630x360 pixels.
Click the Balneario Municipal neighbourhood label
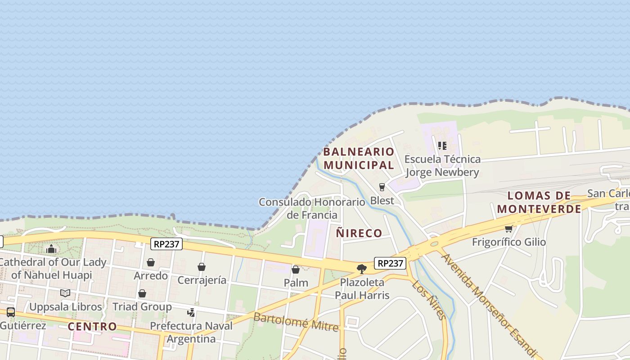pyautogui.click(x=359, y=158)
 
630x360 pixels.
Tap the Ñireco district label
pyautogui.click(x=359, y=233)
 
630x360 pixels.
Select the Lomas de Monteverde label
pyautogui.click(x=539, y=202)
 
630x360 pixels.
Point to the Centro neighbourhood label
pyautogui.click(x=92, y=326)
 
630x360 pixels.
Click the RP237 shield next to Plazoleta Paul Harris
pyautogui.click(x=390, y=263)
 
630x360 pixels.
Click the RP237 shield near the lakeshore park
pyautogui.click(x=166, y=244)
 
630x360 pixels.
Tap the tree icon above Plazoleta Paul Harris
pyautogui.click(x=361, y=269)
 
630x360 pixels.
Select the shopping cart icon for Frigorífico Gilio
pyautogui.click(x=508, y=229)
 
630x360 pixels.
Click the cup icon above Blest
pyautogui.click(x=382, y=187)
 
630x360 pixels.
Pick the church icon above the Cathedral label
pyautogui.click(x=51, y=249)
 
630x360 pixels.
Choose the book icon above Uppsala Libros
pyautogui.click(x=65, y=293)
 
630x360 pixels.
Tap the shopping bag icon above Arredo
pyautogui.click(x=151, y=262)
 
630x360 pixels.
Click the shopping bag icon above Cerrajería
pyautogui.click(x=202, y=267)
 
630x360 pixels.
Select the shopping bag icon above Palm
pyautogui.click(x=296, y=270)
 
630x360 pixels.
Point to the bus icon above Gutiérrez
pyautogui.click(x=11, y=312)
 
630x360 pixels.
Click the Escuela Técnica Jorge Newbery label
pyautogui.click(x=442, y=166)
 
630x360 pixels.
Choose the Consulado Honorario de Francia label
pyautogui.click(x=312, y=208)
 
